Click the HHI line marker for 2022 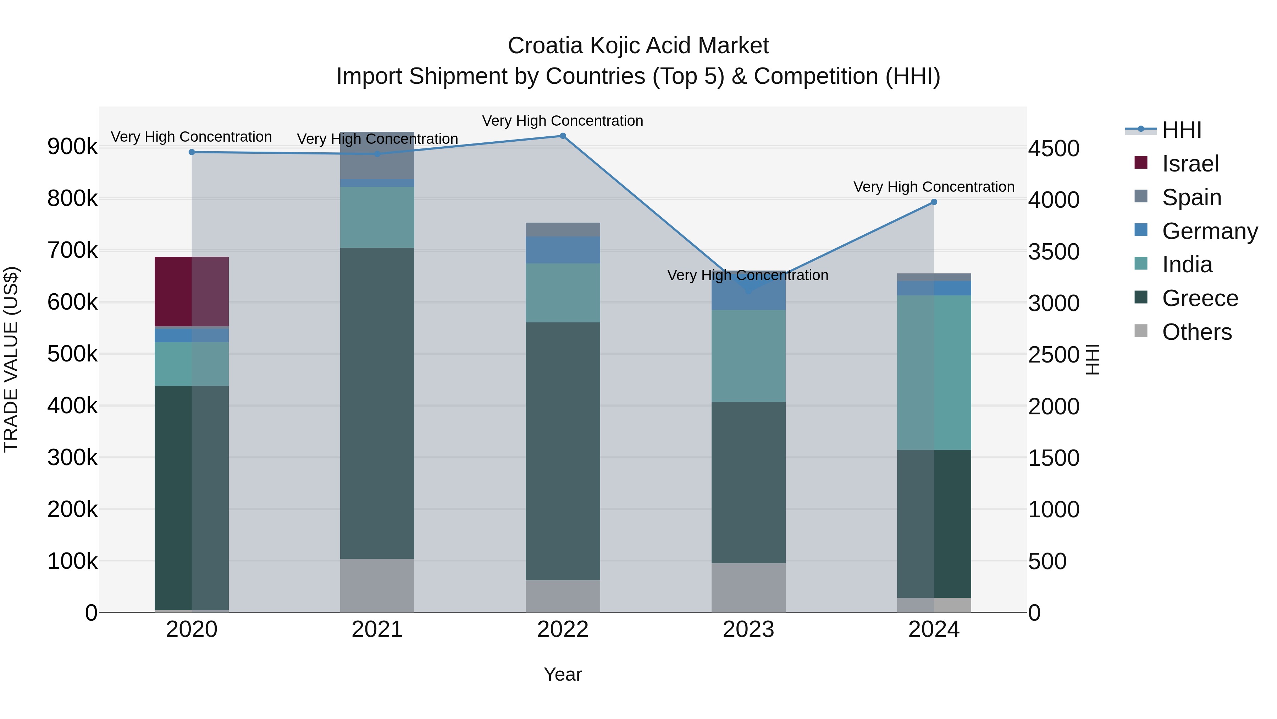coord(563,136)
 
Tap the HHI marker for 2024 coord(934,202)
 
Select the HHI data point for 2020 coord(192,152)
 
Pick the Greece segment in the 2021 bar coord(377,403)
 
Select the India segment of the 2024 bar coord(934,372)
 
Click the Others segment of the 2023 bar coord(748,588)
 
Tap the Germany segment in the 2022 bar coord(563,250)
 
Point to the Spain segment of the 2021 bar coord(377,155)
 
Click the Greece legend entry coord(1200,298)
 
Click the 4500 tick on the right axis coord(1054,148)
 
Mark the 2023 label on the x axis coord(748,630)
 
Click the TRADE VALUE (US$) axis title coord(11,359)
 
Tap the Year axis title coord(563,674)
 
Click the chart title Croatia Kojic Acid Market coord(638,46)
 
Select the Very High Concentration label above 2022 coord(563,121)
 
